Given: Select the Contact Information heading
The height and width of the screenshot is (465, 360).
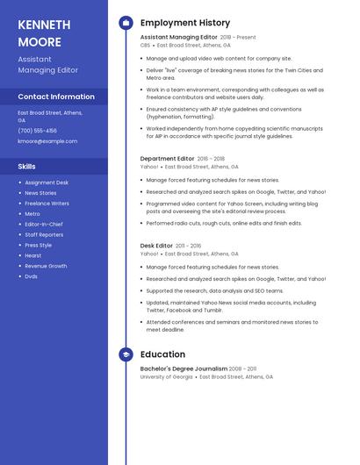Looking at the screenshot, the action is coord(56,97).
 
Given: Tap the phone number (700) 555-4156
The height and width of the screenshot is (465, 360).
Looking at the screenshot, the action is coord(37,131).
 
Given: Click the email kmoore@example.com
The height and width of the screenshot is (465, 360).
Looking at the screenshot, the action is coord(47,141).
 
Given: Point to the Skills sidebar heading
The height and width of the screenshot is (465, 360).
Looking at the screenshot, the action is coord(27,166).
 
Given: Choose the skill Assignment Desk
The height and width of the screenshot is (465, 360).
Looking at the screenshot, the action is coord(47,182).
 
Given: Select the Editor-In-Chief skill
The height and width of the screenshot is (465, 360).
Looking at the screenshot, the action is coord(44,225).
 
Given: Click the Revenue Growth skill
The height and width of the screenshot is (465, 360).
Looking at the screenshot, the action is coord(46,266).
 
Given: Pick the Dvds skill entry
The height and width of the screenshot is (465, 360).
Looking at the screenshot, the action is coord(31,276).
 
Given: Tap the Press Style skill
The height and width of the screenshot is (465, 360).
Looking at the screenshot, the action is coord(38,246).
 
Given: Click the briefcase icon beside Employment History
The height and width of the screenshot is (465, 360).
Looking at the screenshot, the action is coord(126,23).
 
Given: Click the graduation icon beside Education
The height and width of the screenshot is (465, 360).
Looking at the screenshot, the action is coord(126,354).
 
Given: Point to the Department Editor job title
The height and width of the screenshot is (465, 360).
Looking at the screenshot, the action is coord(167,159).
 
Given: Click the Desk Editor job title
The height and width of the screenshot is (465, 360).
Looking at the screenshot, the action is coord(156,246).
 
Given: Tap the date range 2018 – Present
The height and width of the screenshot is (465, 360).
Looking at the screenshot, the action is coord(238,38).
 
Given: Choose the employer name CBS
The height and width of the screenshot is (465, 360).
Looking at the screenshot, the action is coord(145,45).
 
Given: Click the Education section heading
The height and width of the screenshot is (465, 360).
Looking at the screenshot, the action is coord(162,354).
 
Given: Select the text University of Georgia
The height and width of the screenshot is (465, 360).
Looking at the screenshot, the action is coord(166,376).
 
